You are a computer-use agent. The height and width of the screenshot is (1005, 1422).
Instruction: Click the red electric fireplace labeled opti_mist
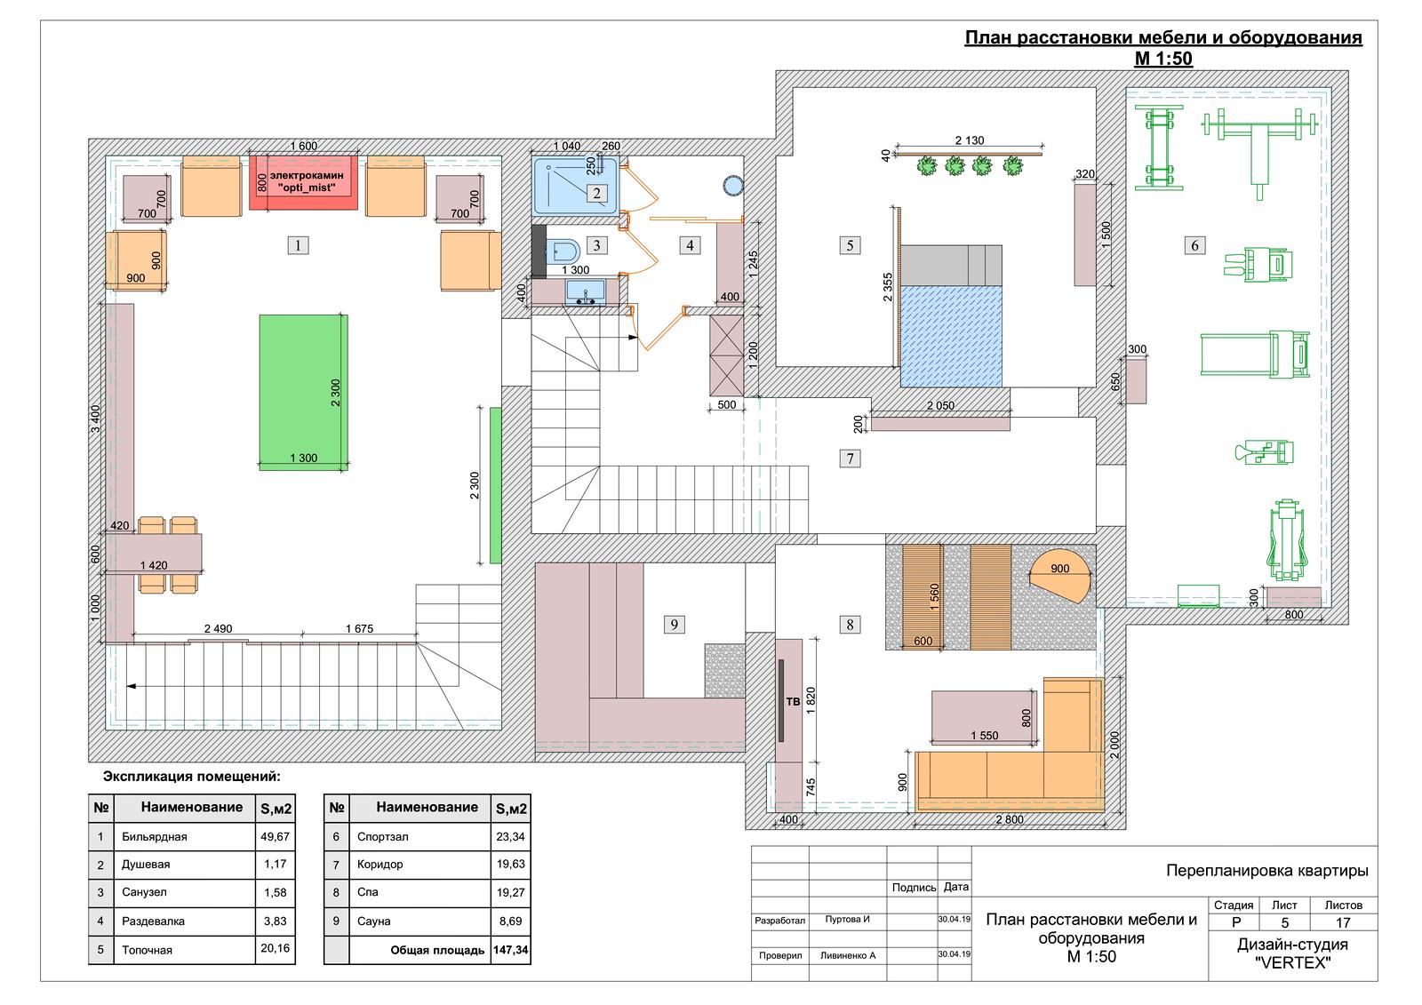303,182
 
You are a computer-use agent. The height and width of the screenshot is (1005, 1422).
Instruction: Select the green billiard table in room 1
303,393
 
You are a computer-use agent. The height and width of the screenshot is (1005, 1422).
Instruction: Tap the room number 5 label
850,245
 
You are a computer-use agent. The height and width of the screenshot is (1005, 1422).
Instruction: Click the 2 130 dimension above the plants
970,140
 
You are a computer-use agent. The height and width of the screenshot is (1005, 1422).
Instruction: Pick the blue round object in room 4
733,186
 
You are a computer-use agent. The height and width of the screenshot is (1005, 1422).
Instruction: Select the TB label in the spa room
793,701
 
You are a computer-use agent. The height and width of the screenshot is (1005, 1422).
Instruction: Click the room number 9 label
675,624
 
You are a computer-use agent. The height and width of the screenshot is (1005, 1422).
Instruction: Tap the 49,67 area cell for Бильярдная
275,837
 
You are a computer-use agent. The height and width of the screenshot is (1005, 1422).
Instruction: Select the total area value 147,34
510,950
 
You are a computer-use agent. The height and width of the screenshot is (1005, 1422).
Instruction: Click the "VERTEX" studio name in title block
1292,963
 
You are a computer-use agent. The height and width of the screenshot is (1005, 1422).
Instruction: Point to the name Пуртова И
848,919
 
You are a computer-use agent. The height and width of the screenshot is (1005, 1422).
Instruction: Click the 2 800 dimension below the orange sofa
1010,819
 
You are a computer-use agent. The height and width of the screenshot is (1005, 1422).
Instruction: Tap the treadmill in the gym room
1254,355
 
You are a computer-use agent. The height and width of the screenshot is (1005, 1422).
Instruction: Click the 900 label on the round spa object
1059,569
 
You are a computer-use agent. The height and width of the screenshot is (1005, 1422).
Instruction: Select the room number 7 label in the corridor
850,459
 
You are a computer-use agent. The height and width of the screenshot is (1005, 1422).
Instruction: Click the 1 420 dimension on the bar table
154,565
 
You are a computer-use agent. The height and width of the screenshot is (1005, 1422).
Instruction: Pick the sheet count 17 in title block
1343,922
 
